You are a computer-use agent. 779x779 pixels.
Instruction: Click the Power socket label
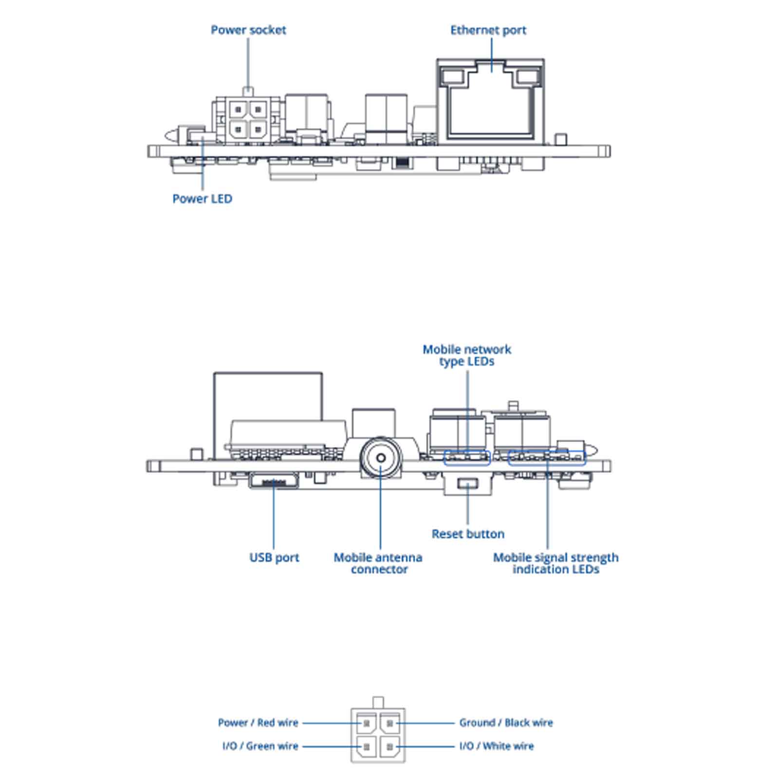click(x=248, y=30)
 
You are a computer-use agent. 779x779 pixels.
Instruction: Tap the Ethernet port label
click(x=488, y=30)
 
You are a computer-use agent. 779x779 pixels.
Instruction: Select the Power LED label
click(x=203, y=199)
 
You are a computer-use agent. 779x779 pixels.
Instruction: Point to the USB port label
click(x=274, y=557)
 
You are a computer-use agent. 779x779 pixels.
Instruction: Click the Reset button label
click(x=468, y=534)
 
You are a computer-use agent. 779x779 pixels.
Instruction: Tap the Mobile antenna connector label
click(x=378, y=563)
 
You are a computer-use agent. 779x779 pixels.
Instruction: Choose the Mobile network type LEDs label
click(x=467, y=355)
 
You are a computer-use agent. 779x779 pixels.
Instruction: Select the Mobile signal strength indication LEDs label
click(x=556, y=563)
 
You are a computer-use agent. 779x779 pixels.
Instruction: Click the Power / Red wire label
click(x=258, y=723)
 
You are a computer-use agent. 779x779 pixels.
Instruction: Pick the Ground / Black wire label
click(x=506, y=723)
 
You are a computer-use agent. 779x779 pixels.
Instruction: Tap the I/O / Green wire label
click(x=260, y=746)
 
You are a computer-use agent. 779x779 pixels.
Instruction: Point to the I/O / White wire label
click(x=497, y=746)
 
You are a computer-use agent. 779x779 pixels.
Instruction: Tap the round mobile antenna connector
click(x=381, y=458)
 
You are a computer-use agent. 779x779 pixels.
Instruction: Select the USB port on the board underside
click(x=274, y=481)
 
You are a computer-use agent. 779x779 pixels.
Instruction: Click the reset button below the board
click(x=468, y=484)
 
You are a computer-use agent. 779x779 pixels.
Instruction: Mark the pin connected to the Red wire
click(x=367, y=723)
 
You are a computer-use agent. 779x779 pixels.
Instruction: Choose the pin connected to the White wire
click(x=389, y=746)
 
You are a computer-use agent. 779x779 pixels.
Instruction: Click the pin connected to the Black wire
click(x=389, y=723)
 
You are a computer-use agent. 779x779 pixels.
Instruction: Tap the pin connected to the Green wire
click(x=367, y=746)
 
